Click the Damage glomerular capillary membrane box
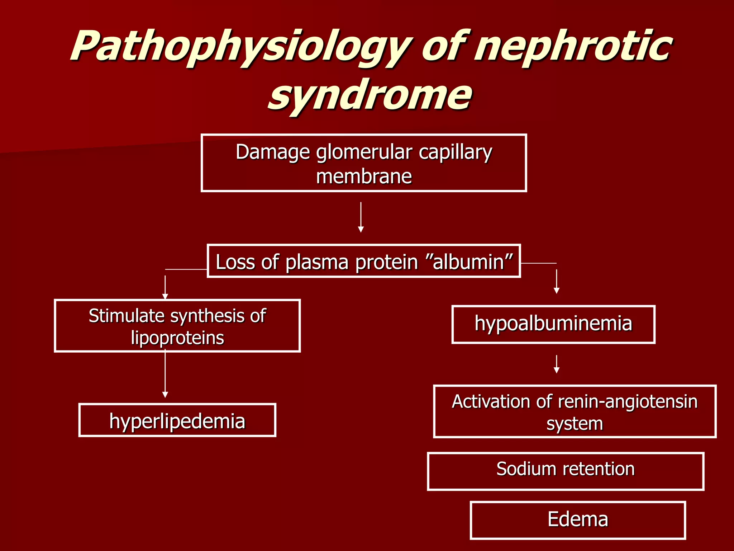pyautogui.click(x=363, y=163)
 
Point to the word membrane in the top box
pyautogui.click(x=364, y=176)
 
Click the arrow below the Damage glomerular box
pyautogui.click(x=361, y=217)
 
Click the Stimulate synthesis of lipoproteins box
pyautogui.click(x=177, y=326)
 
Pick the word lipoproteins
pyautogui.click(x=177, y=338)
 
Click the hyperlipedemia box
pyautogui.click(x=177, y=420)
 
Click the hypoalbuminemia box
pyautogui.click(x=553, y=324)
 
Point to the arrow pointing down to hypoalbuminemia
pyautogui.click(x=556, y=282)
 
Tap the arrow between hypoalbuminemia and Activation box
pyautogui.click(x=556, y=364)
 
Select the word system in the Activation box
pyautogui.click(x=575, y=424)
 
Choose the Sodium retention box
pyautogui.click(x=565, y=471)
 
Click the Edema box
pyautogui.click(x=577, y=520)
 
